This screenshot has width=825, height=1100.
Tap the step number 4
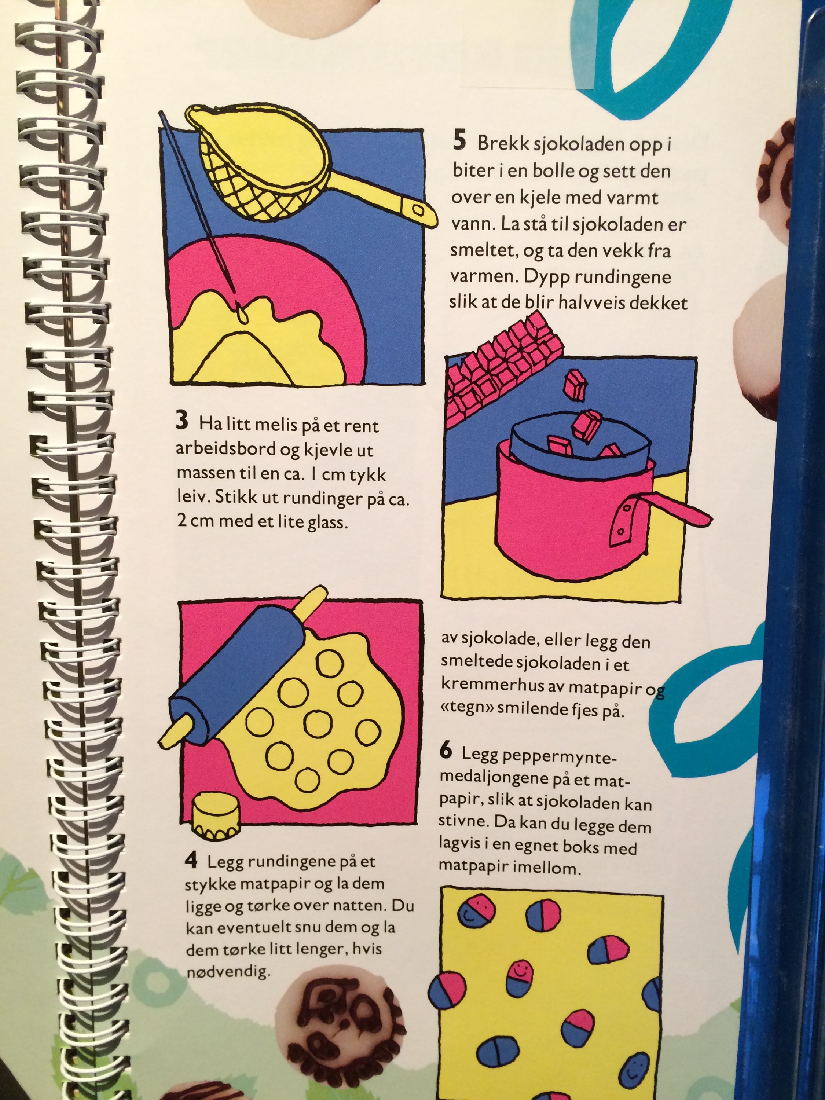191,860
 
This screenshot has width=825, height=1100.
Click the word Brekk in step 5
500,143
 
